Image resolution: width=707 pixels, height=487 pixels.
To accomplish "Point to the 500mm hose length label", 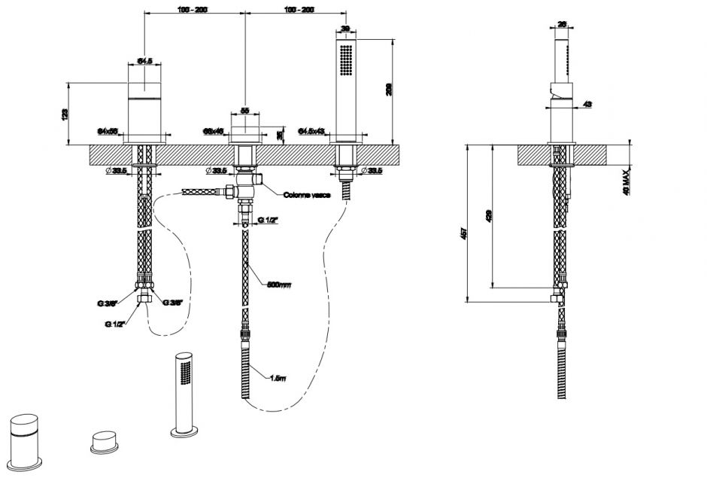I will point(278,285).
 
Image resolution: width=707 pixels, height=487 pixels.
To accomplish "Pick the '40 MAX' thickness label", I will point(626,181).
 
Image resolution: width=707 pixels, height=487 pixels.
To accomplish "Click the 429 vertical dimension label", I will point(490,216).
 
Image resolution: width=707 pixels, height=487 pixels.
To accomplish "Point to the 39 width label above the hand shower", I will point(345,29).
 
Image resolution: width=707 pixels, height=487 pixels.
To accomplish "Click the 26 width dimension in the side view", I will point(563,24).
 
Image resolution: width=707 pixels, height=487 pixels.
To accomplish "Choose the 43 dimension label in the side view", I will point(587,103).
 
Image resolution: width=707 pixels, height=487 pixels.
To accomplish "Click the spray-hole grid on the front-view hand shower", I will point(346,60).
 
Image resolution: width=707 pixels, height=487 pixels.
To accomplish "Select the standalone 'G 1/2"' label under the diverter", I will point(266,219).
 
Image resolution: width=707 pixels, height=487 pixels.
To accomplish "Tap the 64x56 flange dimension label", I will point(108,131).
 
